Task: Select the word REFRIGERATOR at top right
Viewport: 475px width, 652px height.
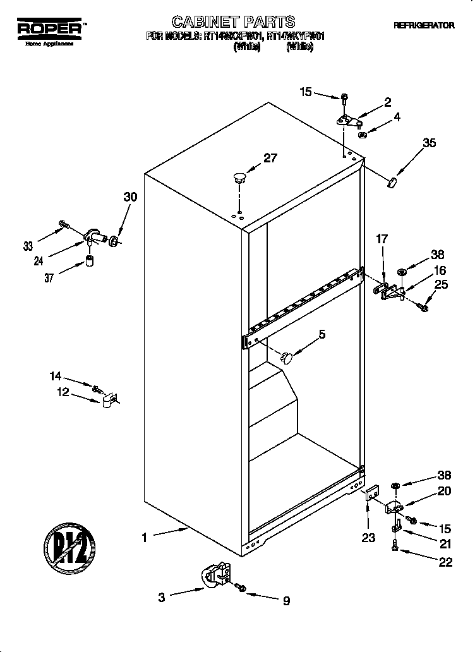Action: [x=424, y=26]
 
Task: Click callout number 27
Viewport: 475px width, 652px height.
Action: [x=270, y=158]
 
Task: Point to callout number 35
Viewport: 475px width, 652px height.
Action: [x=429, y=143]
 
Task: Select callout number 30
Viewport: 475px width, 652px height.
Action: [x=129, y=197]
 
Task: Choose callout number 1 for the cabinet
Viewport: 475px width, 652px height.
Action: [x=144, y=538]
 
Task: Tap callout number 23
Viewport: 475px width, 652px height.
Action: [x=368, y=538]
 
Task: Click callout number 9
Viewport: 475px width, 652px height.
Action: [x=286, y=601]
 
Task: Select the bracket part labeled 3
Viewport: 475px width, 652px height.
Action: [x=215, y=576]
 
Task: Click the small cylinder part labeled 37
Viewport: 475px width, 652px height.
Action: [x=90, y=262]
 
